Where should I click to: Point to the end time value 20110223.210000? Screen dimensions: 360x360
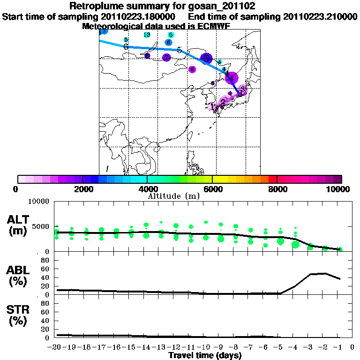[321, 16]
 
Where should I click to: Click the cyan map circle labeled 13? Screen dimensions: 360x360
[147, 35]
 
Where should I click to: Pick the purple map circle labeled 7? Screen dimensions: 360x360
[166, 58]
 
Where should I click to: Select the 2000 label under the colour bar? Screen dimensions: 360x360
[82, 189]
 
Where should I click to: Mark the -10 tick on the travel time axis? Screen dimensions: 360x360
[205, 347]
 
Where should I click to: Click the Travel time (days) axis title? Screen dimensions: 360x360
[205, 355]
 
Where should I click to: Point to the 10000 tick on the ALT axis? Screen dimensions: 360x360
[39, 202]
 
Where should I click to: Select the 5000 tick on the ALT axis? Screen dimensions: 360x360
[41, 226]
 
